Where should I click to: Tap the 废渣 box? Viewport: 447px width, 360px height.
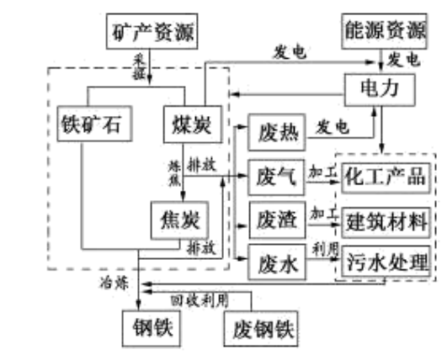[274, 221]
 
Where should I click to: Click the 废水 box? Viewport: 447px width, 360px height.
[274, 264]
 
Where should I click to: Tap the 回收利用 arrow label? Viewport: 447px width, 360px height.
[199, 300]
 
